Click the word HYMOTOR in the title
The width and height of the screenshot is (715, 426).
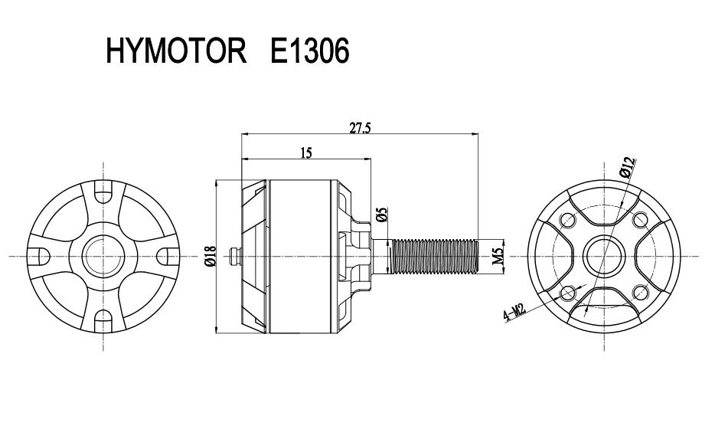pos(176,51)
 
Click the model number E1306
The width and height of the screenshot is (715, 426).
pos(309,51)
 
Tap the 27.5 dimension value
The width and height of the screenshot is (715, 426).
pos(361,128)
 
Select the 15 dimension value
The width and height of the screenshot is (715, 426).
pos(306,153)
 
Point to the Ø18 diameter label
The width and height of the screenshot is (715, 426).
pos(211,256)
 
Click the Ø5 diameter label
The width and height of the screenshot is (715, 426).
pos(382,214)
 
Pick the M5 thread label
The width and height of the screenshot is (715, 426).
pos(498,256)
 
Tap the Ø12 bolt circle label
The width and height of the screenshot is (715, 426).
pos(628,167)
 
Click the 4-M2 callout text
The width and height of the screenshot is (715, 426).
pos(515,313)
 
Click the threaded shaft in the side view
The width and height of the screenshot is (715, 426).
pos(435,257)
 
